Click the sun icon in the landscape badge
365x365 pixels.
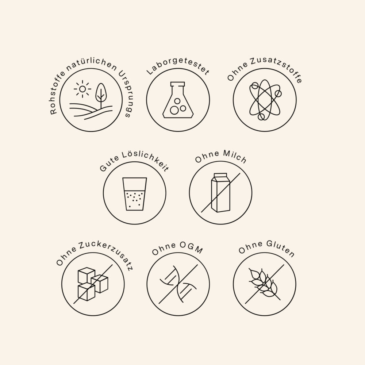tap(82, 89)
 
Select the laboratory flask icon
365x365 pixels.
tap(178, 100)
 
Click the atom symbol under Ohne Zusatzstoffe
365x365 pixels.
tap(265, 100)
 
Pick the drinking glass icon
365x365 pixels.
tap(135, 194)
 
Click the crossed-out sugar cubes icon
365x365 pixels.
tap(93, 284)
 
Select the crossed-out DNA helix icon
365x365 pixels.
tap(178, 284)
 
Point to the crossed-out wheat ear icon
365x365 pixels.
tap(265, 284)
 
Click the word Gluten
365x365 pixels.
tap(280, 248)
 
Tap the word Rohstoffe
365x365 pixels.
tap(57, 93)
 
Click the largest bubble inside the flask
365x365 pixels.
tap(174, 110)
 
